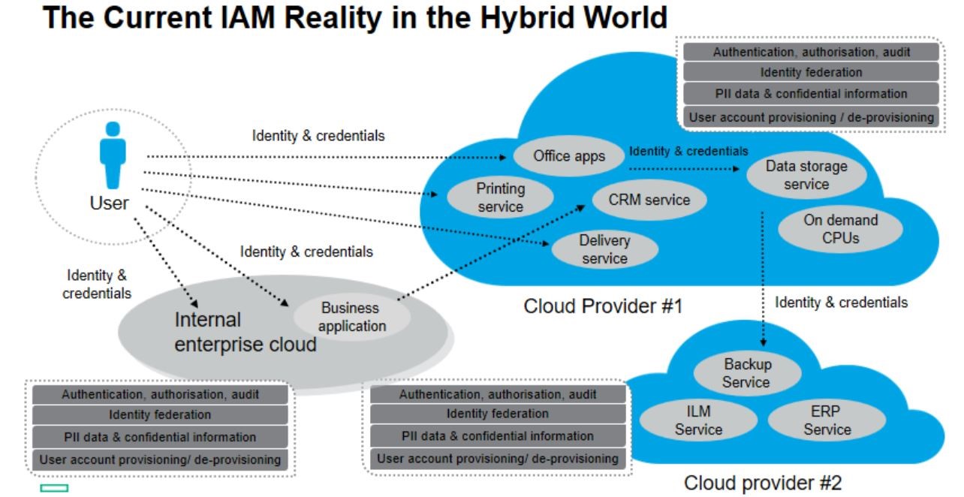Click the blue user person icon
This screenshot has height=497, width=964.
[113, 156]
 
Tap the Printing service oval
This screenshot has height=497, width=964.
[500, 197]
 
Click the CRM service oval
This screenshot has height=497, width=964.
[649, 200]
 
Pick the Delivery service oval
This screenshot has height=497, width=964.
[604, 249]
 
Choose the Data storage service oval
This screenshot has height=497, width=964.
[806, 176]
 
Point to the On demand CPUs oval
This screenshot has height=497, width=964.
[840, 230]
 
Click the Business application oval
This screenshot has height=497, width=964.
[351, 317]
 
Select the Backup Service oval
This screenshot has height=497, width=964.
[747, 373]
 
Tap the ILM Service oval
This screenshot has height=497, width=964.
[698, 420]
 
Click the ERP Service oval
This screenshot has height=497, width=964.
[827, 420]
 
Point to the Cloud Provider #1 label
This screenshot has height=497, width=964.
[603, 306]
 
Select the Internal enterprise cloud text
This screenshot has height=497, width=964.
[246, 332]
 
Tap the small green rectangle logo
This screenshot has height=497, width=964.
[54, 488]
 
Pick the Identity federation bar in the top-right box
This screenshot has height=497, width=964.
[811, 73]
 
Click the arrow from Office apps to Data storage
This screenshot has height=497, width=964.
[684, 169]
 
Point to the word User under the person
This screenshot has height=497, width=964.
[110, 203]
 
